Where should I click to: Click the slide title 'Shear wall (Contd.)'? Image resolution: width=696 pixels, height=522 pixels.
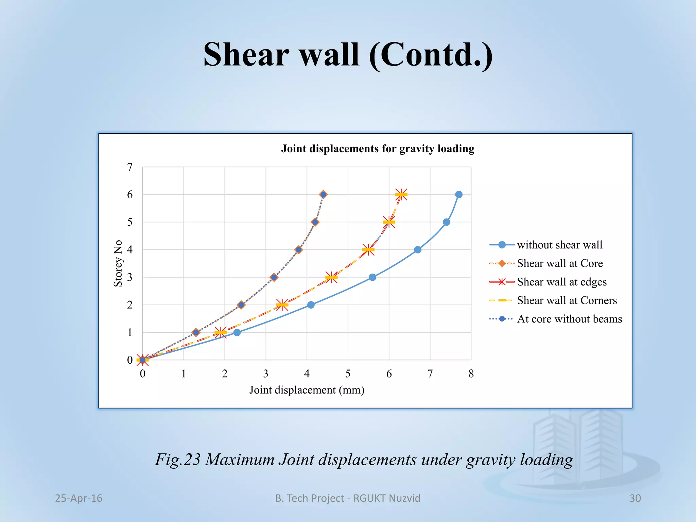click(x=348, y=54)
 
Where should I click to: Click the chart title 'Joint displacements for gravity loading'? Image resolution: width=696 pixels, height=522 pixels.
click(x=378, y=149)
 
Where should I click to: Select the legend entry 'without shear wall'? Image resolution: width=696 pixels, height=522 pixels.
click(x=559, y=245)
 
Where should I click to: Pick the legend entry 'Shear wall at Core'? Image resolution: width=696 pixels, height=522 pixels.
click(x=560, y=263)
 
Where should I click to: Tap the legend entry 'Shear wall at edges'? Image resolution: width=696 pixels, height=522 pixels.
click(x=561, y=282)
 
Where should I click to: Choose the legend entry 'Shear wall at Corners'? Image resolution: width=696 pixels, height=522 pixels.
click(x=567, y=300)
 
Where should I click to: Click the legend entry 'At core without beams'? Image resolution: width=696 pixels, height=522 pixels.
click(x=569, y=319)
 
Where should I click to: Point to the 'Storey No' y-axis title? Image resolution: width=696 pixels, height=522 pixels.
click(x=118, y=263)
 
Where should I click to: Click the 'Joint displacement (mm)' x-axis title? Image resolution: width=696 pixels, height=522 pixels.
click(x=307, y=390)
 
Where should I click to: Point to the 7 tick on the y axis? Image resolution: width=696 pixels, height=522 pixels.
click(x=130, y=167)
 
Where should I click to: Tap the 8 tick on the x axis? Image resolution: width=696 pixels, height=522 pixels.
click(x=471, y=374)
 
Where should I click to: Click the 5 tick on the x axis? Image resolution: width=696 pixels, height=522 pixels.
click(x=348, y=374)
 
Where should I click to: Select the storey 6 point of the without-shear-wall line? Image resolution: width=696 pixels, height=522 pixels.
click(x=459, y=194)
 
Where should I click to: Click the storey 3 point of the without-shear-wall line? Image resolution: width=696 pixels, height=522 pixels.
click(x=372, y=277)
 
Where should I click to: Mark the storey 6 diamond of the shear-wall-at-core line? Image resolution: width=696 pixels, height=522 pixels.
click(x=323, y=194)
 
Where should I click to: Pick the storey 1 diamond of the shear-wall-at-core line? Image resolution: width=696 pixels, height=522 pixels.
click(x=196, y=332)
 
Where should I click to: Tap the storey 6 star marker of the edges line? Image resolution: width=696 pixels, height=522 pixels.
click(x=401, y=195)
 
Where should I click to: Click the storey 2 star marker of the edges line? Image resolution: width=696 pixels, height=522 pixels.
click(x=282, y=305)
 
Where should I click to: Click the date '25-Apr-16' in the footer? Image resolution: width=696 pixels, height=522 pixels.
click(x=79, y=498)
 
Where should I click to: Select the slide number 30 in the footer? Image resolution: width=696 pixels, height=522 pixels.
click(x=635, y=498)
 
